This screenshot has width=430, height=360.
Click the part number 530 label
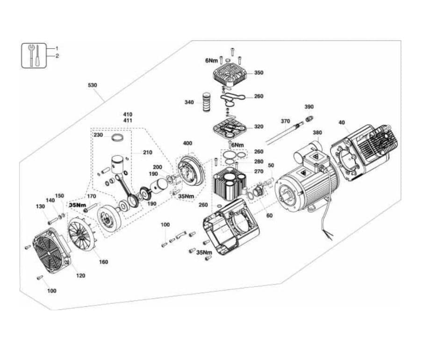93,85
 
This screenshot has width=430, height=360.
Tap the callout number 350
258,72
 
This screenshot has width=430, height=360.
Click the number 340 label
189,102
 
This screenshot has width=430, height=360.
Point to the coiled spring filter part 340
206,102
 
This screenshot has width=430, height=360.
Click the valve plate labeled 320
230,130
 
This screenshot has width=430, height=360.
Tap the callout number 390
309,107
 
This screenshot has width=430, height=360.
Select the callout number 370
285,121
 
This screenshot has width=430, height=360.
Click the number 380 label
317,132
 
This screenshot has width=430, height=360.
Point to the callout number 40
342,122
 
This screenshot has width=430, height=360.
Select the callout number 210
148,152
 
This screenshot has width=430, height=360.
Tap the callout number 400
187,143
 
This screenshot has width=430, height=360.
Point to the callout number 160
103,262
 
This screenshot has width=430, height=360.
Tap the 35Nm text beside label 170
78,205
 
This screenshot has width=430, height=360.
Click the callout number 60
270,216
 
